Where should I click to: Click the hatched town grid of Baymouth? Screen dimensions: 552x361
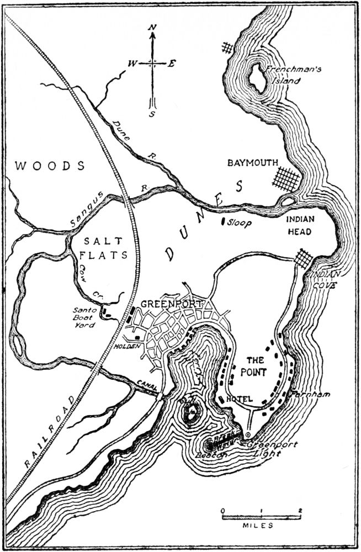click(285, 179)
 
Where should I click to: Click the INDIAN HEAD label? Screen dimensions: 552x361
click(300, 225)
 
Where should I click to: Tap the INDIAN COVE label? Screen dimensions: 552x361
click(325, 278)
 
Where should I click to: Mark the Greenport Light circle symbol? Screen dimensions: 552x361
click(248, 434)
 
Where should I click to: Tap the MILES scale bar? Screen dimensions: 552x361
click(261, 517)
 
